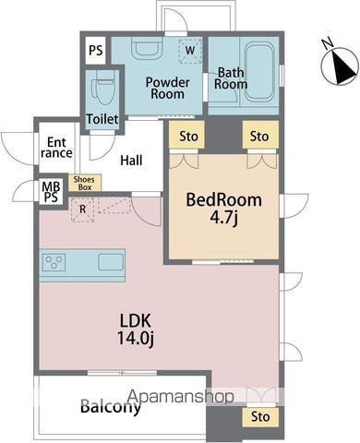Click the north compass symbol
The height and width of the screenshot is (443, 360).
[x=340, y=66]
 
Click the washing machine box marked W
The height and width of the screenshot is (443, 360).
[x=190, y=51]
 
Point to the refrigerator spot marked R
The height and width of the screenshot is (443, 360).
[x=82, y=210]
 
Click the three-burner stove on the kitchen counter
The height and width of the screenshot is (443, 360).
[x=54, y=262]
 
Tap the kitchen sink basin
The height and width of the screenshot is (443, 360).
[x=111, y=262]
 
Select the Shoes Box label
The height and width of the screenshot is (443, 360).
[x=84, y=183]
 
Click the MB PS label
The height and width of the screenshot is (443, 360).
[x=51, y=192]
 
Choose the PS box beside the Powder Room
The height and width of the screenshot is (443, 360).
[x=95, y=51]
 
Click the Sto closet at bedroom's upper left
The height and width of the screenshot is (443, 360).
[x=186, y=136]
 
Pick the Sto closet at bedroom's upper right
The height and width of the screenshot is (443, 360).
[x=260, y=136]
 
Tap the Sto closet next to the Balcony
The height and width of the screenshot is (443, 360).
[x=260, y=417]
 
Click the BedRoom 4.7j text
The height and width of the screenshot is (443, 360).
[x=223, y=209]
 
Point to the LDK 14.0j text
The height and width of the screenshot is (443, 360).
[x=136, y=329]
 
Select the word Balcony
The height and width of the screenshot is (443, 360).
[x=111, y=407]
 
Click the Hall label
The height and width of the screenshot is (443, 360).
[x=131, y=161]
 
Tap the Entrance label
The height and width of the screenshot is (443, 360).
[x=56, y=148]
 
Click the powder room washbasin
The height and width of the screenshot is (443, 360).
[x=147, y=48]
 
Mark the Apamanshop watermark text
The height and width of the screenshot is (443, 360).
[x=181, y=396]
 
